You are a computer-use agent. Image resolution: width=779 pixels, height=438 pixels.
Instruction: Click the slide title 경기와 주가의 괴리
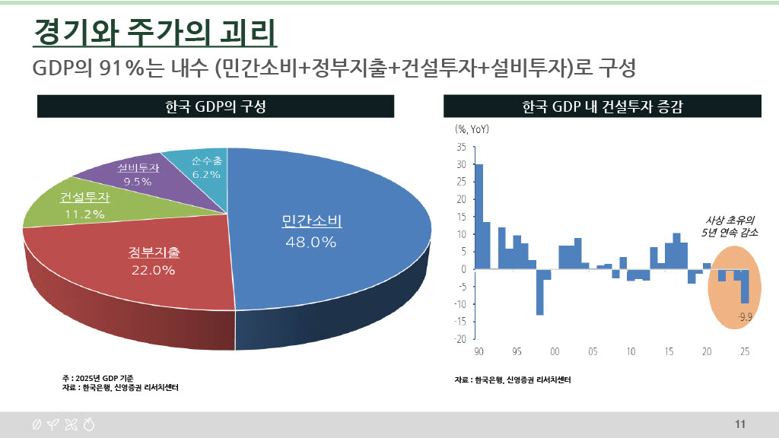[154, 33]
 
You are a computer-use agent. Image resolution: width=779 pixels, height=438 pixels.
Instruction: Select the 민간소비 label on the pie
[311, 222]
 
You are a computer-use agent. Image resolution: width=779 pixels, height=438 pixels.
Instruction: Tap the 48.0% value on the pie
[311, 242]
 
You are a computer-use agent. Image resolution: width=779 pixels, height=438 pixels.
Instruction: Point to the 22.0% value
[154, 270]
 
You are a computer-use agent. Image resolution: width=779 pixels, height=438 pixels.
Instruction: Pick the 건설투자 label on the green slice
[84, 198]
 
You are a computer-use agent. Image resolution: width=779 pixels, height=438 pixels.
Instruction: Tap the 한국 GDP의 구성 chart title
[215, 107]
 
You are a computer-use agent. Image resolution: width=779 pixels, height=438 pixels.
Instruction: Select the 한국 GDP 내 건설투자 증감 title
[603, 107]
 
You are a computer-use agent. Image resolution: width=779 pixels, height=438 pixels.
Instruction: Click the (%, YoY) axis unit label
[472, 129]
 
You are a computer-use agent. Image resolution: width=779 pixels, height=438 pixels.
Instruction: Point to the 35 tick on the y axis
[462, 147]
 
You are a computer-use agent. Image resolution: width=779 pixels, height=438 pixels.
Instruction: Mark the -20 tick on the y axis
[460, 339]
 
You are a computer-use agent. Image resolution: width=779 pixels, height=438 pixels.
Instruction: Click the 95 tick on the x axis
[517, 351]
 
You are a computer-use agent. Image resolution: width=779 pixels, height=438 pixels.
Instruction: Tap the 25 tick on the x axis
[745, 351]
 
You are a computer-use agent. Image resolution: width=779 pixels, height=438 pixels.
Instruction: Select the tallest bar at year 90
[479, 217]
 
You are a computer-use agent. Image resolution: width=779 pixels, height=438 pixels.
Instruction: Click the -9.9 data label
[745, 316]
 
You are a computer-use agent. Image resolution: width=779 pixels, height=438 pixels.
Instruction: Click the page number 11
[740, 424]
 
